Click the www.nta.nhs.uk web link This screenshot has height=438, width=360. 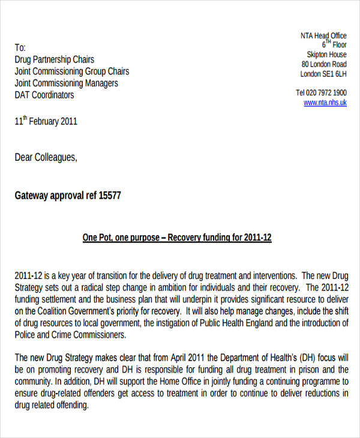pyautogui.click(x=325, y=103)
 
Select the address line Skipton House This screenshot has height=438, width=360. pyautogui.click(x=326, y=55)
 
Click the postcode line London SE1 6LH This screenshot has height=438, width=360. pyautogui.click(x=323, y=74)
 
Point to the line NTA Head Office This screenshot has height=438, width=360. pyautogui.click(x=323, y=36)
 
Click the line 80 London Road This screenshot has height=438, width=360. pyautogui.click(x=324, y=65)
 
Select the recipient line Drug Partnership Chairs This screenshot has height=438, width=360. pyautogui.click(x=54, y=59)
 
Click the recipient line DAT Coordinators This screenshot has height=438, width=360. pyautogui.click(x=44, y=95)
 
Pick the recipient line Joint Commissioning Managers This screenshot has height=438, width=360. pyautogui.click(x=66, y=83)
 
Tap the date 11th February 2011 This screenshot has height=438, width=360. pyautogui.click(x=46, y=121)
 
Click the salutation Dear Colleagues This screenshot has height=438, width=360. pyautogui.click(x=46, y=157)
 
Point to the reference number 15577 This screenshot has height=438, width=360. pyautogui.click(x=109, y=196)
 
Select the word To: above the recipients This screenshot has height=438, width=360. pyautogui.click(x=20, y=47)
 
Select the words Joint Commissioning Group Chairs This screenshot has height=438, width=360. pyautogui.click(x=71, y=71)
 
